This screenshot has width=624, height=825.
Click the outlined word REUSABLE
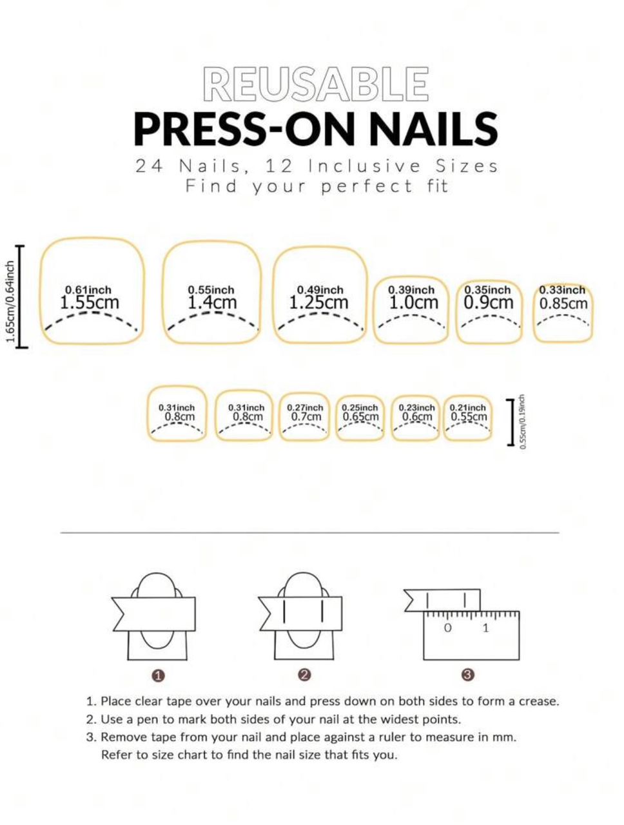point(316,84)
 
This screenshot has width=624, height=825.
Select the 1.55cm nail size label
point(90,302)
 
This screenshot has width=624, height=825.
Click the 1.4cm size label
point(212,302)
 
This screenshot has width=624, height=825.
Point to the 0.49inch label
point(320,290)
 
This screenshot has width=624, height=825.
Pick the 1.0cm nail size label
point(413,302)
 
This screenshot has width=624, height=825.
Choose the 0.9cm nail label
point(489,302)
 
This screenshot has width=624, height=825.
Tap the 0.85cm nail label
point(563,303)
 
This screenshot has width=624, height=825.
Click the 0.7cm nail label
point(306,416)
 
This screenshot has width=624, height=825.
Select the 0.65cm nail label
point(360,416)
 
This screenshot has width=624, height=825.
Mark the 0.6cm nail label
point(417,416)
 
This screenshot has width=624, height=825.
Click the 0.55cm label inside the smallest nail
point(469,416)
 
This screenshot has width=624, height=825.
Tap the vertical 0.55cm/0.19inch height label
point(523,421)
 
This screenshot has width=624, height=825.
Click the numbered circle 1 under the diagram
point(159,675)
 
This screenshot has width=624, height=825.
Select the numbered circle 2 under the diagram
point(305,675)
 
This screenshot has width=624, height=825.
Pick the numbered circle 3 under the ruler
point(469,675)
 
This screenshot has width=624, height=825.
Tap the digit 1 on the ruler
point(485,628)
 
